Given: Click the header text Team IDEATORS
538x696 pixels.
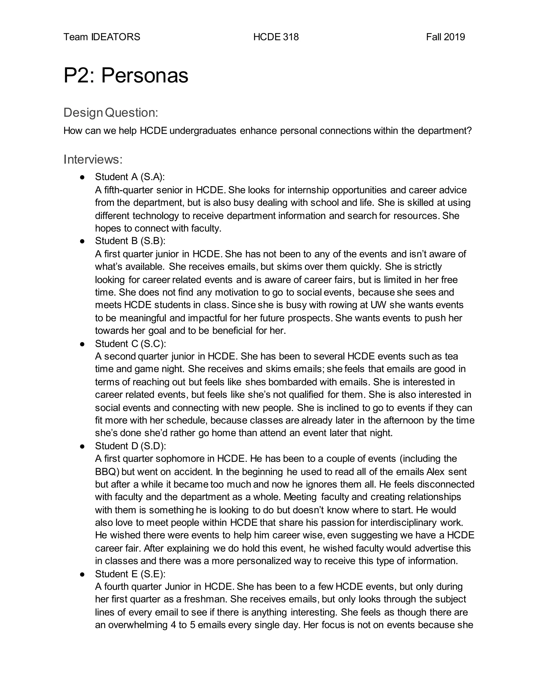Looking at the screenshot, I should (x=102, y=37).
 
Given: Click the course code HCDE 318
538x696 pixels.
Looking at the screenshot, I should (x=276, y=37).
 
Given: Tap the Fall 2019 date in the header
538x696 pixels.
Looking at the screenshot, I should (x=445, y=37).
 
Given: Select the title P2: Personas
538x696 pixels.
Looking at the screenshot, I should (x=126, y=76).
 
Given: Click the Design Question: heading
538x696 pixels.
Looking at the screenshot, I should (x=111, y=112).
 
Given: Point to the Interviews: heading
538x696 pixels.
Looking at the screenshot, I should (x=93, y=159).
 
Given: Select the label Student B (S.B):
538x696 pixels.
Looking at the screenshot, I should (x=130, y=241).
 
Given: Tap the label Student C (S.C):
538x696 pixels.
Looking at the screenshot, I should (x=130, y=344).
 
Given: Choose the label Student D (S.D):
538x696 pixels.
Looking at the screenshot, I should (x=130, y=446).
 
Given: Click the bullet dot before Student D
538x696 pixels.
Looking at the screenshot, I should (x=82, y=446).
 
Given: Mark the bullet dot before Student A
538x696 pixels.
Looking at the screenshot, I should (x=82, y=177).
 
